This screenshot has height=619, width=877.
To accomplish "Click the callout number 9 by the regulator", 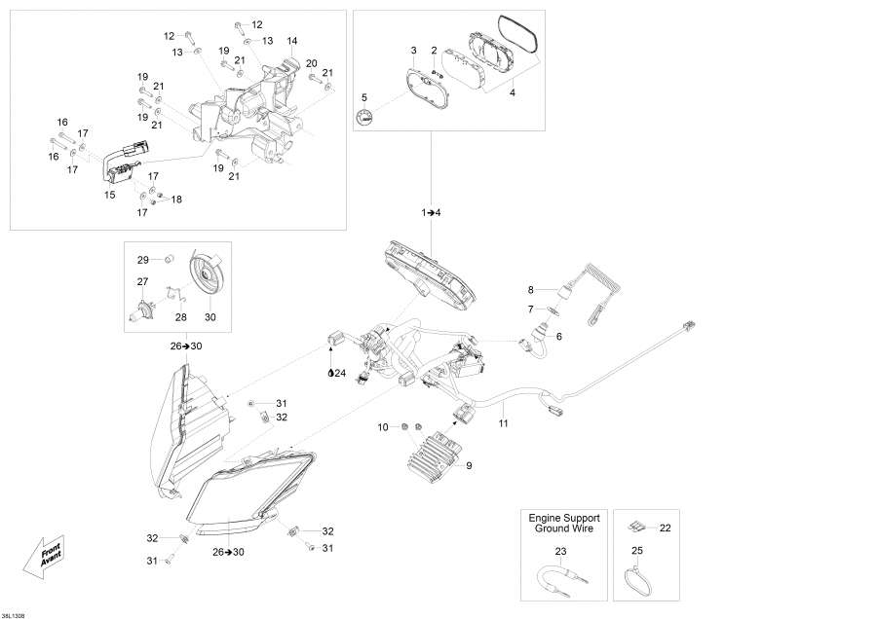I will (x=469, y=465).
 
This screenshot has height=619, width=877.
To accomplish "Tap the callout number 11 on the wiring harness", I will (x=503, y=423).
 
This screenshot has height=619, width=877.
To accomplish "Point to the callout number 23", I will (x=560, y=552).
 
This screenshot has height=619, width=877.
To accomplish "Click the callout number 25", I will (x=636, y=552).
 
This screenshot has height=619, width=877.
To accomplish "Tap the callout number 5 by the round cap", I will (x=364, y=97).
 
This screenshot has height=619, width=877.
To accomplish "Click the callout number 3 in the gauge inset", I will (x=413, y=50).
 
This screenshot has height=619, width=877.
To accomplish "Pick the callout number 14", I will (x=291, y=41).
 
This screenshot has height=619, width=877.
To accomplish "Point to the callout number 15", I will (x=110, y=195).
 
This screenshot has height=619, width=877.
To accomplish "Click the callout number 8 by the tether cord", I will (x=531, y=290).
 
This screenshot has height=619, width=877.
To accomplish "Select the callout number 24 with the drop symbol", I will (x=337, y=372).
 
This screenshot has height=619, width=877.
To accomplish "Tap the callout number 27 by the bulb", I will (x=141, y=281).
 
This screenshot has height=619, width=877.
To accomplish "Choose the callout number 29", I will (x=141, y=260).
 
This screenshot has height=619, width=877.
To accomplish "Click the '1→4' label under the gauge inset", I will (x=431, y=211).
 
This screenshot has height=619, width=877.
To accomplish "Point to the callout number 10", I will (x=383, y=426).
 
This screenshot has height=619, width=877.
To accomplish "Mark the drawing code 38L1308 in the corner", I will (x=16, y=613).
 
